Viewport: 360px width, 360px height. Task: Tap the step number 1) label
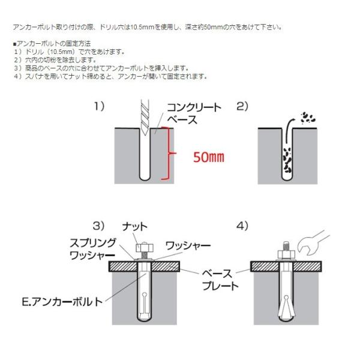pyautogui.click(x=100, y=106)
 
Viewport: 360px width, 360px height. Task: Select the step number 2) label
pyautogui.click(x=242, y=106)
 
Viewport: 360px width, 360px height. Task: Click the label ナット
pyautogui.click(x=134, y=227)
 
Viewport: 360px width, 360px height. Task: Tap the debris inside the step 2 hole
pyautogui.click(x=286, y=159)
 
